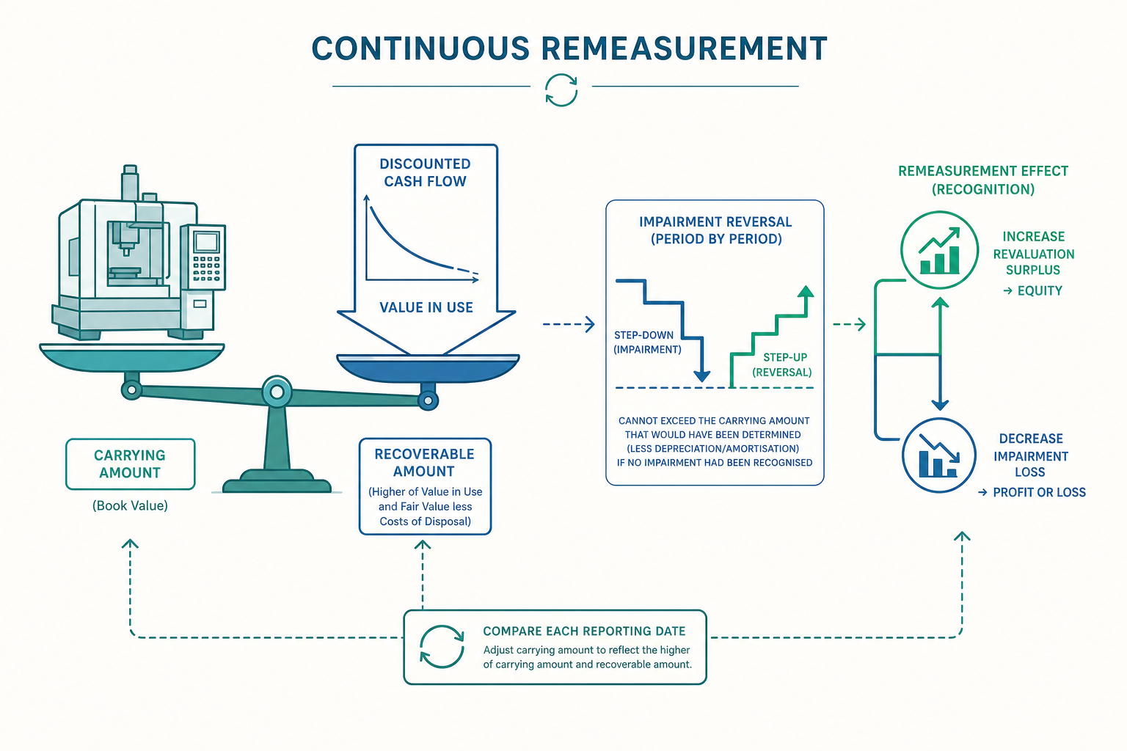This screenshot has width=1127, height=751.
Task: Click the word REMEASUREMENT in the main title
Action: (x=684, y=48)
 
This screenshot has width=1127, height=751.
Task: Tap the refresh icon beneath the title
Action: (x=561, y=90)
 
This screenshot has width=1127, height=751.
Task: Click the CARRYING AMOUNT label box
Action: (x=131, y=464)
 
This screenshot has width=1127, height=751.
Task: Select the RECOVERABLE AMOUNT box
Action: (x=425, y=486)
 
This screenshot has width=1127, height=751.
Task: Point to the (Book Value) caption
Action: (x=130, y=505)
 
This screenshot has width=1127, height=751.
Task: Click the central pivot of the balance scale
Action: (x=276, y=392)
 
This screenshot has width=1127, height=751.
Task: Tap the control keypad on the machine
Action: (x=206, y=268)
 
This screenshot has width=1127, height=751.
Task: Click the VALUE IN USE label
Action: (x=426, y=307)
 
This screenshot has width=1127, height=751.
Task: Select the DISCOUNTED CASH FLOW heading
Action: (x=425, y=172)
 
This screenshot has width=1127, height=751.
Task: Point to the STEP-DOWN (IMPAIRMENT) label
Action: (x=647, y=342)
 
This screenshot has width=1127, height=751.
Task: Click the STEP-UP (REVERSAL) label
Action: (x=782, y=364)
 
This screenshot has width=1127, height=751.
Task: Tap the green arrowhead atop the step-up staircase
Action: (x=806, y=292)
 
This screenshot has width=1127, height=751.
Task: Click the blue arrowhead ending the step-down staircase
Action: (x=702, y=375)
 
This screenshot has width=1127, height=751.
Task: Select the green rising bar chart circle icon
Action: (x=939, y=250)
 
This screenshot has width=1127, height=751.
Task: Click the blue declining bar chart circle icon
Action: (x=939, y=455)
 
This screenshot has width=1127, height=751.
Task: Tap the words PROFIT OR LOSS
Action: (x=1039, y=492)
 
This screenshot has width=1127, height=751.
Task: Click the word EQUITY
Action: (x=1040, y=290)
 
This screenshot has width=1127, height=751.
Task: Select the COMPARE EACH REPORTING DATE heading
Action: (x=584, y=631)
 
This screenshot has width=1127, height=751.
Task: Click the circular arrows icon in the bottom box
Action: (x=442, y=647)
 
